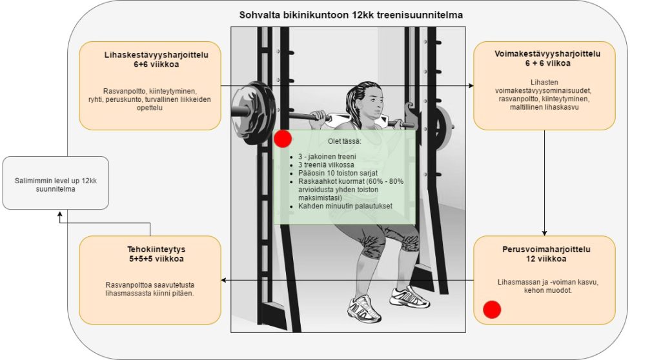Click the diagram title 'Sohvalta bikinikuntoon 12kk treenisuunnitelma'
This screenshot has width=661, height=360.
click(351, 15)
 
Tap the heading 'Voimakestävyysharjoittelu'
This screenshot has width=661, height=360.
click(544, 54)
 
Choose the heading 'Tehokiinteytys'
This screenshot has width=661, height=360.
click(150, 248)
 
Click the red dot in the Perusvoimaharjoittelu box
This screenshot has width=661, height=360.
click(492, 310)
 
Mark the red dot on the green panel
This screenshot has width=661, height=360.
click(283, 139)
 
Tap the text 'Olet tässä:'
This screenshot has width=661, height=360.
click(345, 141)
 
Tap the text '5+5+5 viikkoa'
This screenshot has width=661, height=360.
click(150, 259)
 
